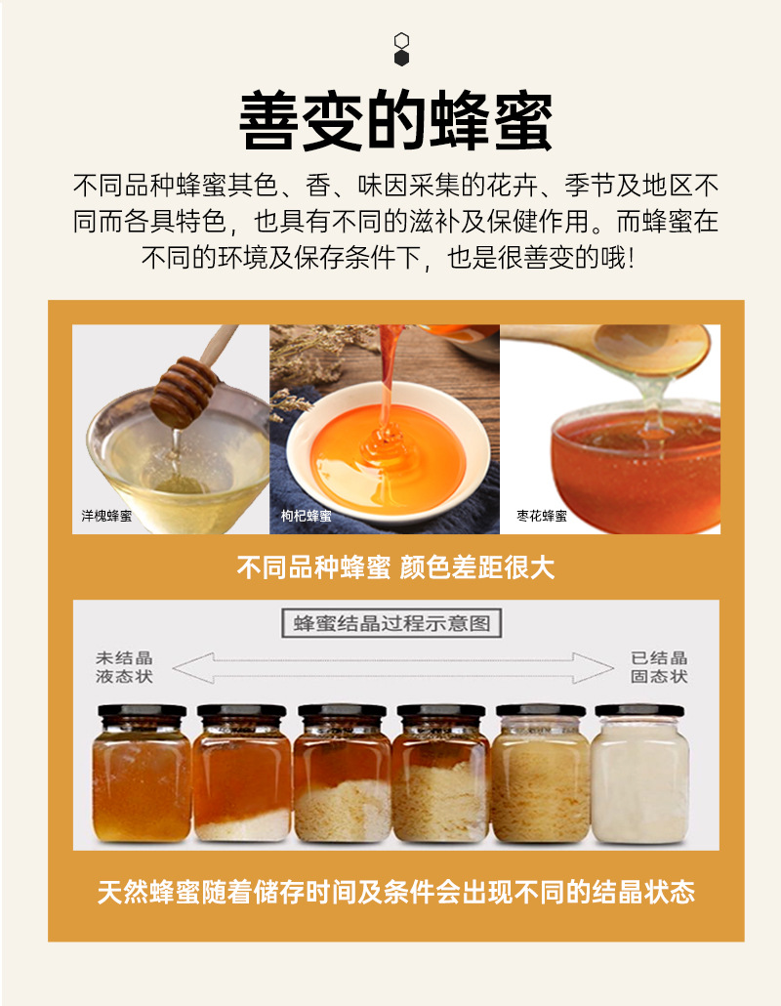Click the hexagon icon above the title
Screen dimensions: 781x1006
click(401, 50)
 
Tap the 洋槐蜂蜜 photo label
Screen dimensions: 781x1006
click(106, 515)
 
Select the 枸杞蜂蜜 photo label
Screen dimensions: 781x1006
click(307, 515)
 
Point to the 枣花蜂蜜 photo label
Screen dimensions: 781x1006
click(542, 515)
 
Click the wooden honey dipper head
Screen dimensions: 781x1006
click(185, 392)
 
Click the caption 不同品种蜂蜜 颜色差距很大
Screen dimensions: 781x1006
click(395, 567)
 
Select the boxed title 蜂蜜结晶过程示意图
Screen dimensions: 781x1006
click(391, 623)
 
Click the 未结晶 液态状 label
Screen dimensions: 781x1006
click(124, 667)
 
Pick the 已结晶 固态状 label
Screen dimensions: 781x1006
click(659, 667)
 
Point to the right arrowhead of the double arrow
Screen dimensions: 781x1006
click(593, 668)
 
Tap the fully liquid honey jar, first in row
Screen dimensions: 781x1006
click(142, 774)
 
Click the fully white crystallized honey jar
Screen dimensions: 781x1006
click(640, 774)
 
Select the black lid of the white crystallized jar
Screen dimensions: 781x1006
click(640, 710)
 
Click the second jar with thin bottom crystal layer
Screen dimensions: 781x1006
click(242, 774)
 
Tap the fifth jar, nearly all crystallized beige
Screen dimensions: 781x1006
click(541, 774)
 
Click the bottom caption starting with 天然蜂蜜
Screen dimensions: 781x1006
click(395, 892)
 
